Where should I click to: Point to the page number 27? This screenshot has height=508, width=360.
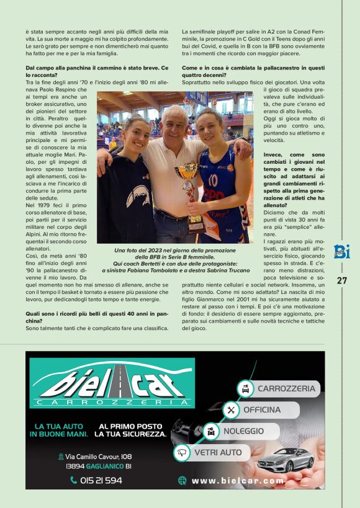342,280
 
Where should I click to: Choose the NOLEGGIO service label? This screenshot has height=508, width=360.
244,431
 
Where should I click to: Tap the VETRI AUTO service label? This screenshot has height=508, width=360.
218,453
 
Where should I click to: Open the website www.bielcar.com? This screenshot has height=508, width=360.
238,481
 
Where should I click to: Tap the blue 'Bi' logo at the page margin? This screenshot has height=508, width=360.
342,252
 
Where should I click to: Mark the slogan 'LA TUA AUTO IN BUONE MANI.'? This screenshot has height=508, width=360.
61,430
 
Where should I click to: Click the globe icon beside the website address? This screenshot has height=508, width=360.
182,480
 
